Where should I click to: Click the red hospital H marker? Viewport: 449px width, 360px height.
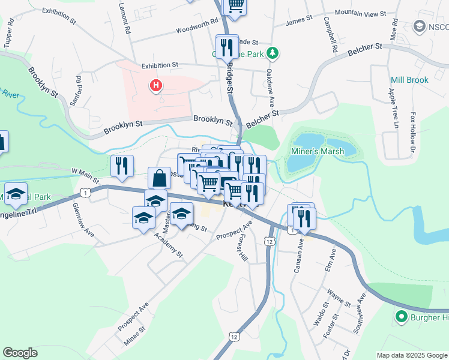(156, 86)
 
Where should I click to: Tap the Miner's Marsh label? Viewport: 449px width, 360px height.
(318, 151)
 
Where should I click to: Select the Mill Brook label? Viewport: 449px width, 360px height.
(409, 80)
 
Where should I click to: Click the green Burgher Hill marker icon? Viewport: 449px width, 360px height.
(400, 316)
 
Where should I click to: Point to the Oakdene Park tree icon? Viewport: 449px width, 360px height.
(273, 53)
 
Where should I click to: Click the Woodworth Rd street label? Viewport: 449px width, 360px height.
(196, 26)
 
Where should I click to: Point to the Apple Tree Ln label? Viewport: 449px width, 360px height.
(393, 108)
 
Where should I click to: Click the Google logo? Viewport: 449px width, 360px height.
(20, 353)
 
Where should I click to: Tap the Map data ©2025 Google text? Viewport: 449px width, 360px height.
(412, 355)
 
